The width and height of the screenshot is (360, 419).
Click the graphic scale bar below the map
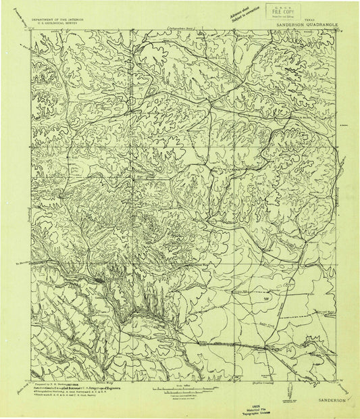pos(184,390)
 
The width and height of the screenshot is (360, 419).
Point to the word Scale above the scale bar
pos(184,385)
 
